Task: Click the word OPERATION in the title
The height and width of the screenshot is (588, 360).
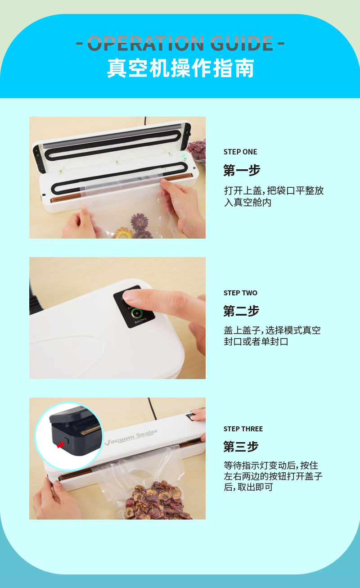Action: click(146, 43)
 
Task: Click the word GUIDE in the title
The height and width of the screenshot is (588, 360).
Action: click(242, 43)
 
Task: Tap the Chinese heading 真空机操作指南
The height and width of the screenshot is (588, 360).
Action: click(180, 68)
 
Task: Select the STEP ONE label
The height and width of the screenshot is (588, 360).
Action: click(240, 152)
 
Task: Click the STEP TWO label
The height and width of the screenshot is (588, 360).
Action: click(240, 293)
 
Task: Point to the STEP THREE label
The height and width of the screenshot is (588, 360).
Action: click(243, 429)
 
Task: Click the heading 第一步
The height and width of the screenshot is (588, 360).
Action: click(242, 170)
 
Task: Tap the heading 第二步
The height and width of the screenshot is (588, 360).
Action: click(241, 311)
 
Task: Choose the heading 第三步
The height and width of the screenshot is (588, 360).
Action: click(241, 447)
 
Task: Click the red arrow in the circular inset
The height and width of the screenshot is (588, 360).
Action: click(61, 445)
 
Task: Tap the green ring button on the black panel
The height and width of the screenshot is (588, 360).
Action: click(136, 313)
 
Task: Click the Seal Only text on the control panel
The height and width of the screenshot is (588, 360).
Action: click(140, 320)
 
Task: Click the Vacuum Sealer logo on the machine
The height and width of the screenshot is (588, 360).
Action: click(131, 438)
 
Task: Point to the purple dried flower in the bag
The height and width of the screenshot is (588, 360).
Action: click(139, 222)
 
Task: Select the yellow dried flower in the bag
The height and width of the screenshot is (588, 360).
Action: click(122, 233)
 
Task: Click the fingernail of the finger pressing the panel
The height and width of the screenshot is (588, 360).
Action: click(129, 295)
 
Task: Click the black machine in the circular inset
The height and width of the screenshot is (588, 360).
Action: click(75, 430)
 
